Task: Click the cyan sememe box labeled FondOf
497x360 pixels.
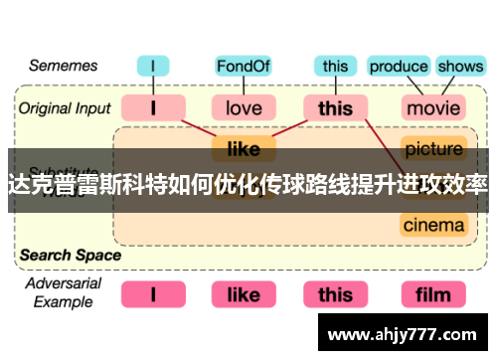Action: [x=244, y=67]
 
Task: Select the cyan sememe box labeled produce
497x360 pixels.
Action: [x=398, y=67]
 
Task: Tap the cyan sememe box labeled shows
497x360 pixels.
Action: [x=460, y=67]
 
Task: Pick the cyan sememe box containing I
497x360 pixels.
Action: [x=153, y=67]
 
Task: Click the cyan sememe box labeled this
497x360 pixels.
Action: [x=336, y=67]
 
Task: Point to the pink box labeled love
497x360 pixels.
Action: [x=244, y=106]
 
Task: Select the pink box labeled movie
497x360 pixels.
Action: [x=434, y=106]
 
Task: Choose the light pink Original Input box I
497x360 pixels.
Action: [x=153, y=106]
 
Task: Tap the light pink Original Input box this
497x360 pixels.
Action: [x=336, y=106]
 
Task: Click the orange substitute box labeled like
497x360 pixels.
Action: [x=244, y=149]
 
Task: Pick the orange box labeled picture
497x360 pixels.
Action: [x=434, y=149]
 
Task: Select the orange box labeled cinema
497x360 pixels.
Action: [x=434, y=224]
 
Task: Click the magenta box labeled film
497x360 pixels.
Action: [x=434, y=294]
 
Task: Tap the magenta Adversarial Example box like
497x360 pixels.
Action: [x=244, y=294]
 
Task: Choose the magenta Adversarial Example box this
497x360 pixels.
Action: [x=336, y=294]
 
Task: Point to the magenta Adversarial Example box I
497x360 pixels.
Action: [x=153, y=294]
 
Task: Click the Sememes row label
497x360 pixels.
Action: [x=64, y=66]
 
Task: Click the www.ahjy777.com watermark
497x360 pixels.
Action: [x=407, y=333]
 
